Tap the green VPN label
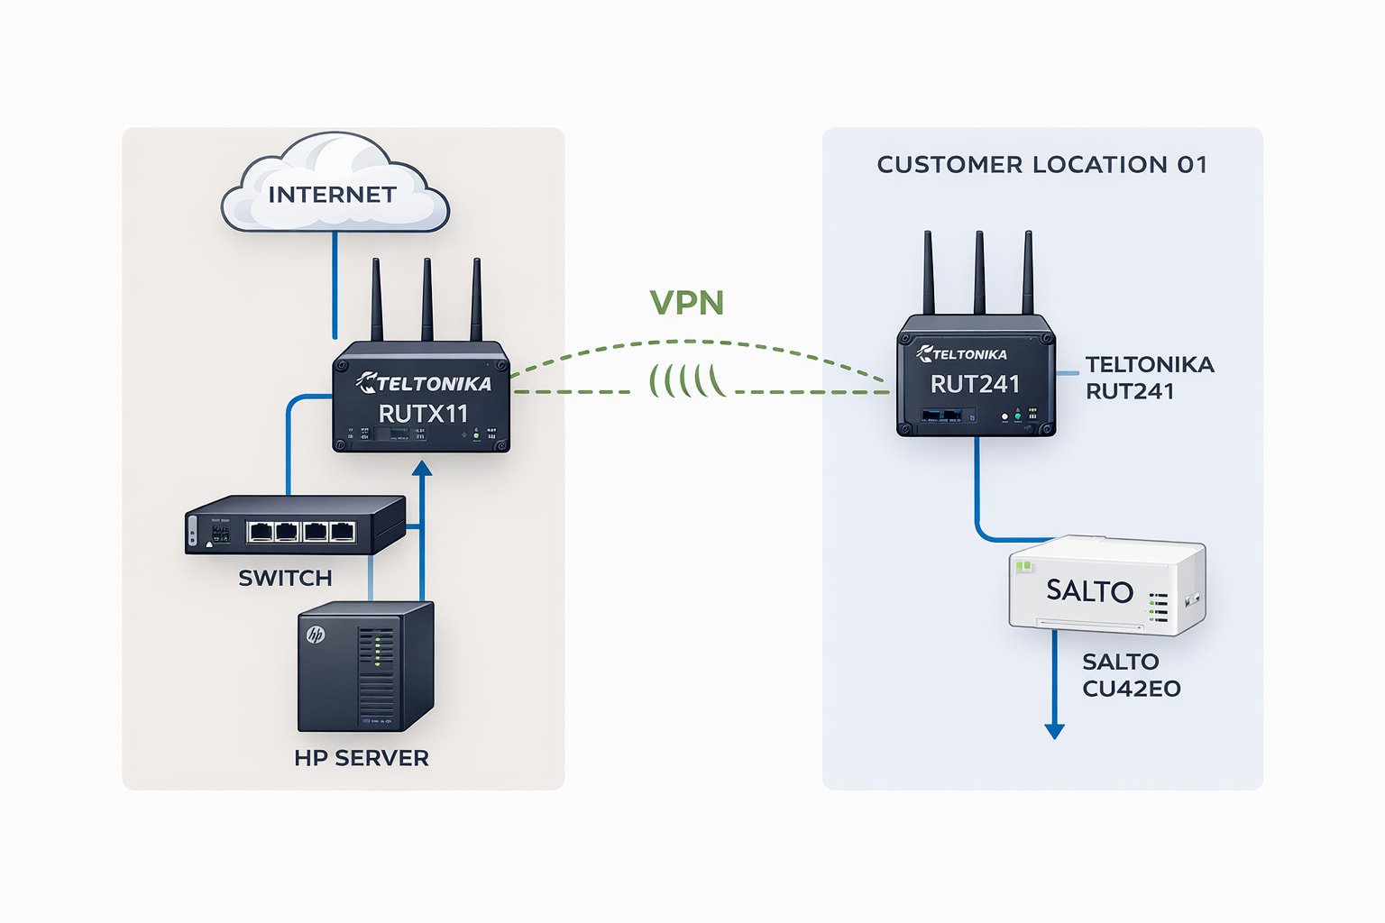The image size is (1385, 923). pyautogui.click(x=687, y=303)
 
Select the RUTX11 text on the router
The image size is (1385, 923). pyautogui.click(x=423, y=414)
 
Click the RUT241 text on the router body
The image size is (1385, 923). pyautogui.click(x=975, y=385)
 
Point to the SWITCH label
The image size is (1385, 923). pyautogui.click(x=285, y=578)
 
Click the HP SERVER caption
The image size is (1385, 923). pyautogui.click(x=362, y=758)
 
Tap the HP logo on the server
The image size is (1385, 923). pyautogui.click(x=316, y=635)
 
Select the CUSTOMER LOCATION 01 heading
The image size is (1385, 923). pyautogui.click(x=1041, y=165)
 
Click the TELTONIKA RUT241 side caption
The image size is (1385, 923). pyautogui.click(x=1149, y=378)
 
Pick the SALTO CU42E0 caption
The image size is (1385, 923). pyautogui.click(x=1131, y=675)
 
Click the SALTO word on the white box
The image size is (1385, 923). pyautogui.click(x=1089, y=591)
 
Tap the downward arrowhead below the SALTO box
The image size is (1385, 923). pyautogui.click(x=1054, y=731)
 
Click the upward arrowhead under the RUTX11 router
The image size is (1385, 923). pyautogui.click(x=421, y=469)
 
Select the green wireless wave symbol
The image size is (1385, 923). pyautogui.click(x=687, y=380)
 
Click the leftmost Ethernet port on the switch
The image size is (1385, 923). pyautogui.click(x=261, y=531)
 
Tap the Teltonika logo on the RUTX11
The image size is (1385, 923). pyautogui.click(x=424, y=383)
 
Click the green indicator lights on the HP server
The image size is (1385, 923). pyautogui.click(x=377, y=650)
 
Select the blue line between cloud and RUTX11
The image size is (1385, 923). pyautogui.click(x=335, y=284)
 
